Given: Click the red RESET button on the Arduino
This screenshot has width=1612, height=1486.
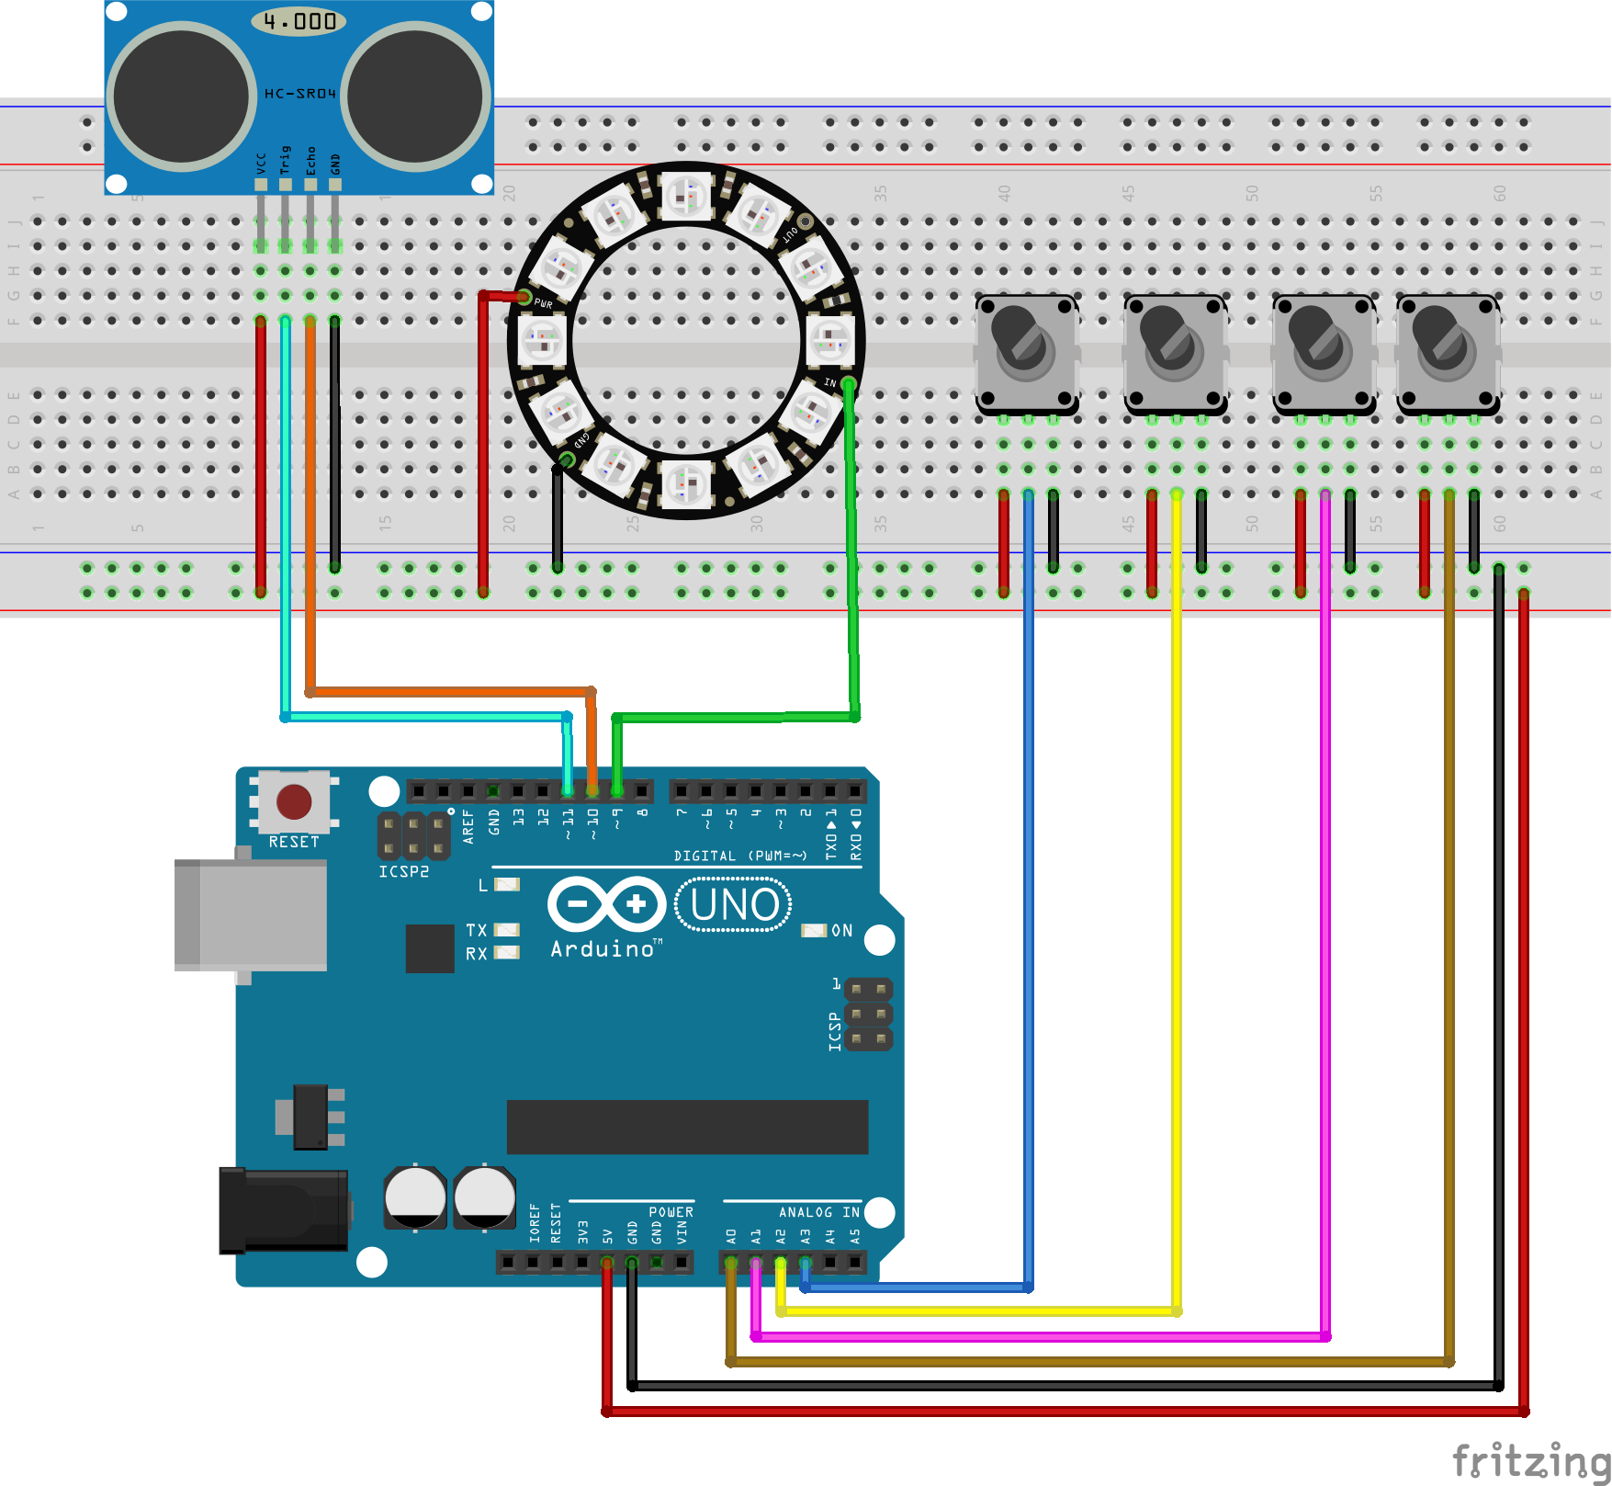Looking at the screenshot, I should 294,801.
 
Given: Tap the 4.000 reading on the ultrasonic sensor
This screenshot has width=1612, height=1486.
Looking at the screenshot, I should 299,21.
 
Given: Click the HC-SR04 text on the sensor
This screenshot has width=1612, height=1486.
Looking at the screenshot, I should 300,94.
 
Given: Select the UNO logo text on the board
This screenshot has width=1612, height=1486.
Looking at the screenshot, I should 734,905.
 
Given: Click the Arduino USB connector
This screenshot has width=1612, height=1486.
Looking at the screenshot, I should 251,915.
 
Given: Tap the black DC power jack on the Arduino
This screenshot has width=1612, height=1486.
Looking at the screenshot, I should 283,1210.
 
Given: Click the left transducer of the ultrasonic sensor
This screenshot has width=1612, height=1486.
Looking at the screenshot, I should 182,96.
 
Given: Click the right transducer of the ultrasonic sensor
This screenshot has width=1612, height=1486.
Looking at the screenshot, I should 415,96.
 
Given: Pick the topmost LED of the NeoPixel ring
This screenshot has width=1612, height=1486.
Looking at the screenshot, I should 686,195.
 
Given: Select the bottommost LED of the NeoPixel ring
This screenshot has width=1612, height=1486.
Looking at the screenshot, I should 686,484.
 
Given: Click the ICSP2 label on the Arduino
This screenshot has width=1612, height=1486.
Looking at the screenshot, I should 403,871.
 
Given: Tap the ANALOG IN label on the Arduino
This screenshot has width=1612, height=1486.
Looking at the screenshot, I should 818,1212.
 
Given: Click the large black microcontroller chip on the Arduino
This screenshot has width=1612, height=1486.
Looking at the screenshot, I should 687,1127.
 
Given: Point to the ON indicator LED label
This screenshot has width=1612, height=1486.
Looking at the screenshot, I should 841,931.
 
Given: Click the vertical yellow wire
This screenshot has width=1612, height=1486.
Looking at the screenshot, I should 1177,919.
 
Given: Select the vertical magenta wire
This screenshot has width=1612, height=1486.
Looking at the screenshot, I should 1325,919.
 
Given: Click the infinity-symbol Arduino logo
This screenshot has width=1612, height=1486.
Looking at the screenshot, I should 607,904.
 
